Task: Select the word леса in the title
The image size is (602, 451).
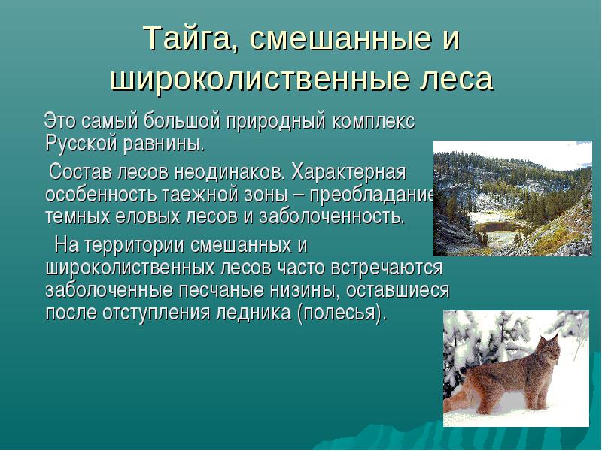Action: [x=455, y=79]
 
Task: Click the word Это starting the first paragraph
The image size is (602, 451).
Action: [x=60, y=121]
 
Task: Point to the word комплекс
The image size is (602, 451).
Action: [x=374, y=122]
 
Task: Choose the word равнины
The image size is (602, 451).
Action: [x=164, y=144]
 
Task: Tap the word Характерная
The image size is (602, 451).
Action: [x=348, y=172]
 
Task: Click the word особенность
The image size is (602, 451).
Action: [x=101, y=195]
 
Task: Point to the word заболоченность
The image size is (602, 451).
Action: [x=332, y=217]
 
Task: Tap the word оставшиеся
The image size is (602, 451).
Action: [x=397, y=290]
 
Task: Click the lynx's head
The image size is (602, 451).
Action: [x=550, y=348]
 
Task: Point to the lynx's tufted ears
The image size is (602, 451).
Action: [x=549, y=337]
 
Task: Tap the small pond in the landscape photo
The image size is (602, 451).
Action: [x=498, y=227]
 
